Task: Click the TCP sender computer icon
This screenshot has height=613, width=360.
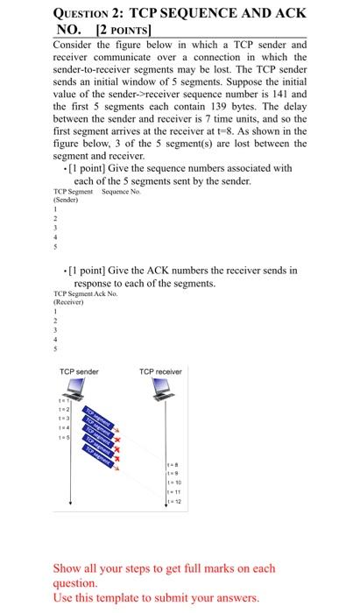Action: [x=80, y=386]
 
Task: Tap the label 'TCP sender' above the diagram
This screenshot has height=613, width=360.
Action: [x=79, y=371]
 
